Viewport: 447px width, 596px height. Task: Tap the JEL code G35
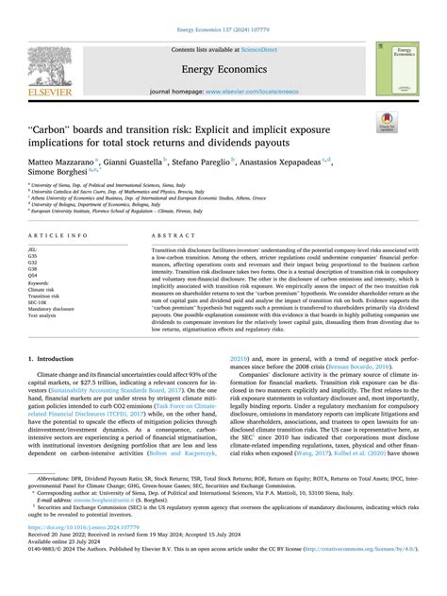tap(37, 255)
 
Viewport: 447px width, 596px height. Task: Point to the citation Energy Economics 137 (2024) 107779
tap(223, 7)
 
